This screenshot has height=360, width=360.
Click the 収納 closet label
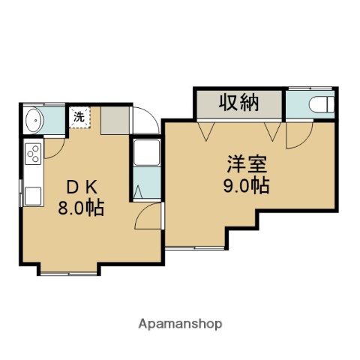point(238,103)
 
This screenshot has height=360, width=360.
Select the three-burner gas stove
point(33,154)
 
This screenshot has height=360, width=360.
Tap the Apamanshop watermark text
point(180,325)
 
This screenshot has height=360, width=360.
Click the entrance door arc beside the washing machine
point(145,123)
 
